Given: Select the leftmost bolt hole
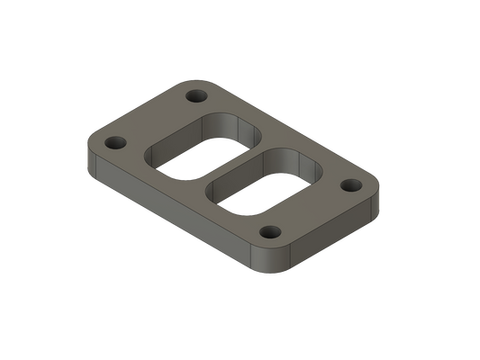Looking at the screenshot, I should (115, 143).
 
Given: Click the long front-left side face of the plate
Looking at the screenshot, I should (171, 216).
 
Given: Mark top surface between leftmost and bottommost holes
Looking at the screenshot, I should (189, 193).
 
